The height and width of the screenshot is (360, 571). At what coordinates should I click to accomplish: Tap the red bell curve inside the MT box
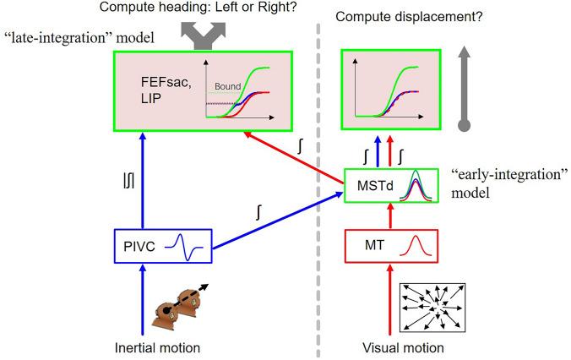pyautogui.click(x=416, y=248)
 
